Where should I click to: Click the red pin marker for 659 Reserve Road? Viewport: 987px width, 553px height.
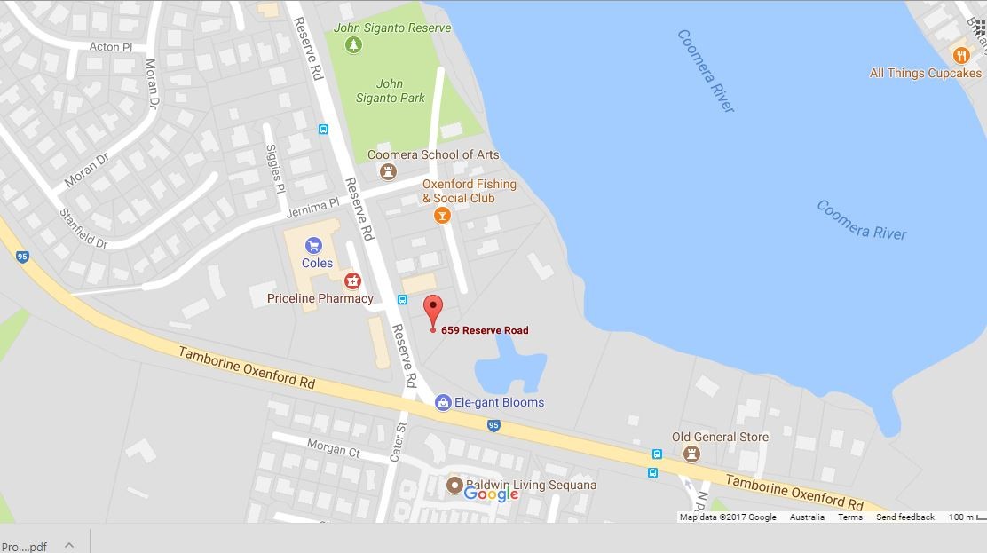click(433, 311)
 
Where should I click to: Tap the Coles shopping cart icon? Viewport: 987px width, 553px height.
click(312, 246)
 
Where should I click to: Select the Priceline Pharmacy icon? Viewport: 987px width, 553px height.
click(352, 281)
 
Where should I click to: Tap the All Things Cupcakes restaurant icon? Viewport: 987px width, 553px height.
click(960, 56)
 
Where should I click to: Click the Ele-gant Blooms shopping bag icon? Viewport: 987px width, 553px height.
click(443, 403)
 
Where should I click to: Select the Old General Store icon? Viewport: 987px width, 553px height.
click(691, 454)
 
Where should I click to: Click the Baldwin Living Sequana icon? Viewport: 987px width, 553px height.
click(454, 486)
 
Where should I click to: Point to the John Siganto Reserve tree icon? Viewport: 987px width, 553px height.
click(353, 44)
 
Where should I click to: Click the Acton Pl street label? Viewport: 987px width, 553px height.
click(110, 47)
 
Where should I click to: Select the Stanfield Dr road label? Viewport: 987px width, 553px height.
click(83, 228)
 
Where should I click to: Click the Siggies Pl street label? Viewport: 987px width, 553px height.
click(275, 169)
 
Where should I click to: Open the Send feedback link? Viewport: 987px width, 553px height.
click(904, 517)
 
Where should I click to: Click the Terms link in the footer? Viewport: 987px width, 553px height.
click(849, 517)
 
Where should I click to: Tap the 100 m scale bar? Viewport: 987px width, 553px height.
click(962, 517)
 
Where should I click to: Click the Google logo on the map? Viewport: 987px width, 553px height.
click(491, 494)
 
